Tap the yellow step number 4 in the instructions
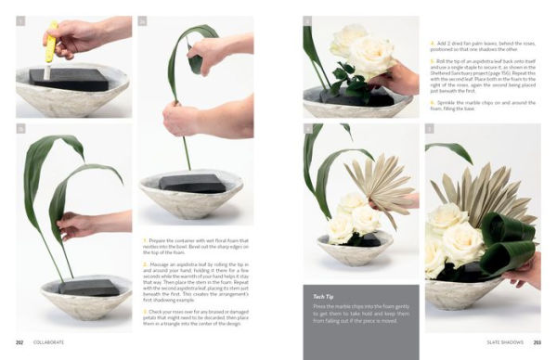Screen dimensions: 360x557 432,43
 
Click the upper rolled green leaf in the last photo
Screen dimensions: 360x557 514,228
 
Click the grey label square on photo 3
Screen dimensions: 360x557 307,20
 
